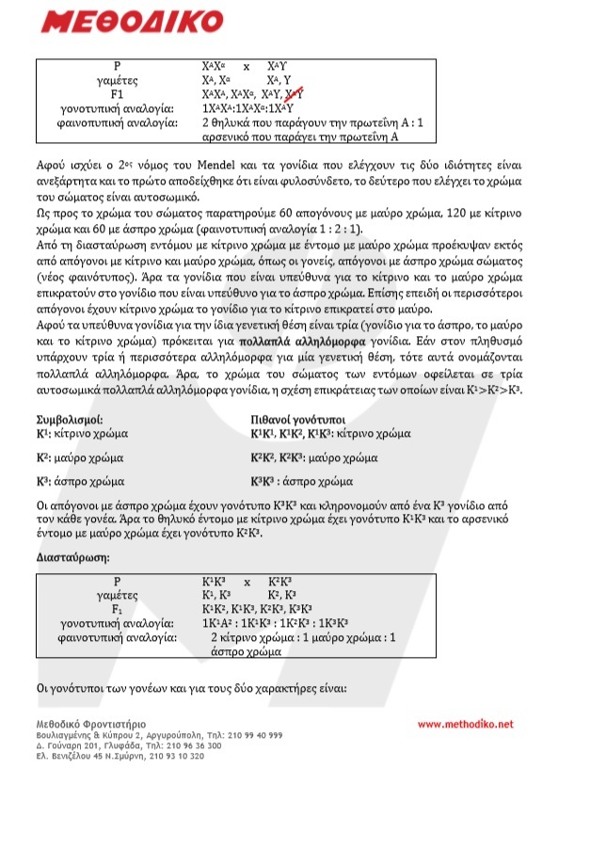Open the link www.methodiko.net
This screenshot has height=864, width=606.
pyautogui.click(x=466, y=724)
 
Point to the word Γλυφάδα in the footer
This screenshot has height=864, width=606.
pyautogui.click(x=122, y=744)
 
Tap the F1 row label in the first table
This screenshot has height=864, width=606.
pyautogui.click(x=118, y=94)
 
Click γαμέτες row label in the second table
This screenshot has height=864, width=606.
pyautogui.click(x=118, y=595)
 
